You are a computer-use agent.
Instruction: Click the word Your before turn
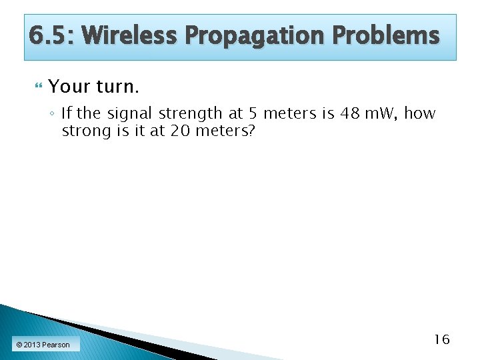(69, 87)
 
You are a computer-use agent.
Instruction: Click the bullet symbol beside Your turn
(37, 87)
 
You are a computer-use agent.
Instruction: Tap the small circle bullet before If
(52, 114)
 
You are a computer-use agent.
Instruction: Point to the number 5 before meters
(252, 113)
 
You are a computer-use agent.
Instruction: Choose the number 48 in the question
(351, 113)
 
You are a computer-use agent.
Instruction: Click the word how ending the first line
(420, 113)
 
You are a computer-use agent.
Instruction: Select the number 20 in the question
(180, 131)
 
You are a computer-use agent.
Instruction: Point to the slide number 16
(441, 339)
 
